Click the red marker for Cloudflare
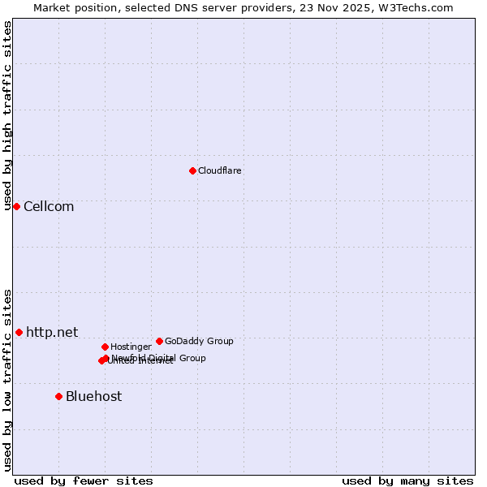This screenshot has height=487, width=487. point(192,170)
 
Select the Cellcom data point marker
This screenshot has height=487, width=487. point(16,206)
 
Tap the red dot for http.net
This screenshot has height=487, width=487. point(19,332)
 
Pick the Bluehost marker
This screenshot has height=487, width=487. point(58,396)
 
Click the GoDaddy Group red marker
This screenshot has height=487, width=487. point(159,341)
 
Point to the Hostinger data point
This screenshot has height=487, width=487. point(105,347)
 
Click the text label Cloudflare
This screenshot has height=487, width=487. point(220,170)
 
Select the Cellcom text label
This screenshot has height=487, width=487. point(49,206)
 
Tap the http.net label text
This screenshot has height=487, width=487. point(52,332)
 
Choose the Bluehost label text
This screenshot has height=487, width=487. point(93,396)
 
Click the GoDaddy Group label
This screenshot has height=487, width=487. point(199,341)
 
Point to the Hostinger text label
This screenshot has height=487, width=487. point(131,347)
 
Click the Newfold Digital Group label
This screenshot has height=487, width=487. point(159,357)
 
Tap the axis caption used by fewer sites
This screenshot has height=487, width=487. point(84,481)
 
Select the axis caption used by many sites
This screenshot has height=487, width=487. point(407,481)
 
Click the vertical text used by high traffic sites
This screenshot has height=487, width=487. point(7,115)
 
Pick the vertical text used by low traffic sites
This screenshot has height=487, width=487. point(7,380)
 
